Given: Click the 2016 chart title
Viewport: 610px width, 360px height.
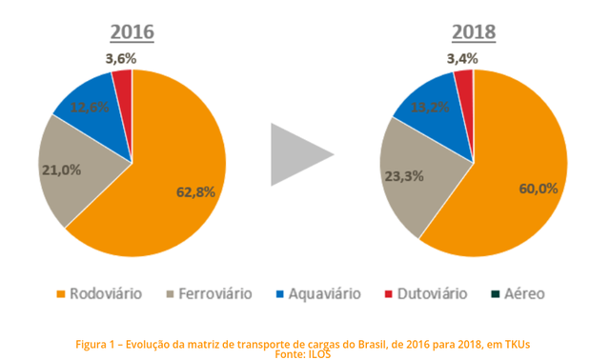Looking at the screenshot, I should coord(132,32).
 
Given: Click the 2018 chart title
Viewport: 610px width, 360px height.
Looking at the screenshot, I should coord(474,32).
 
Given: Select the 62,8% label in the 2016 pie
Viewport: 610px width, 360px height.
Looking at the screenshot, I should coord(196,191).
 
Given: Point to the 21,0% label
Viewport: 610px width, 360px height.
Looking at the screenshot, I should coord(60,170).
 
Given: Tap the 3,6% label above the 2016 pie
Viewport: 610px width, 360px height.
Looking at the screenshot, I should coord(120,59).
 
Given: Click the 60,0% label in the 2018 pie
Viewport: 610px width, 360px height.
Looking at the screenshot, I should coord(538,188).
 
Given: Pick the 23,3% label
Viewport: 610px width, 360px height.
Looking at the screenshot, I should coord(401,176).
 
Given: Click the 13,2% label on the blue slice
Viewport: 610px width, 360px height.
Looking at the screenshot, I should coord(431,107).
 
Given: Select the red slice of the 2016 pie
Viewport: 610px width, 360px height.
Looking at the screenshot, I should coord(123,87).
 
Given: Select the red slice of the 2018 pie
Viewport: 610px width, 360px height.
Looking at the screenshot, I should coord(464,85).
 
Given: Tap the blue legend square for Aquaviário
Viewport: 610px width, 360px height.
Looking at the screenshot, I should coord(280,294).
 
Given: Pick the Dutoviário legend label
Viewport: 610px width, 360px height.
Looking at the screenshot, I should coord(433,293).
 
